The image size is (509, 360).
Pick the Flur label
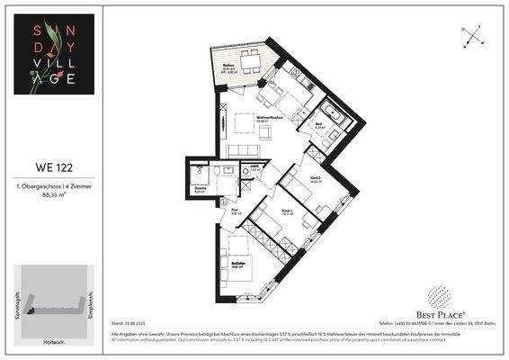pos(236,211)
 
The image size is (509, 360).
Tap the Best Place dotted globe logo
pos(438,294)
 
